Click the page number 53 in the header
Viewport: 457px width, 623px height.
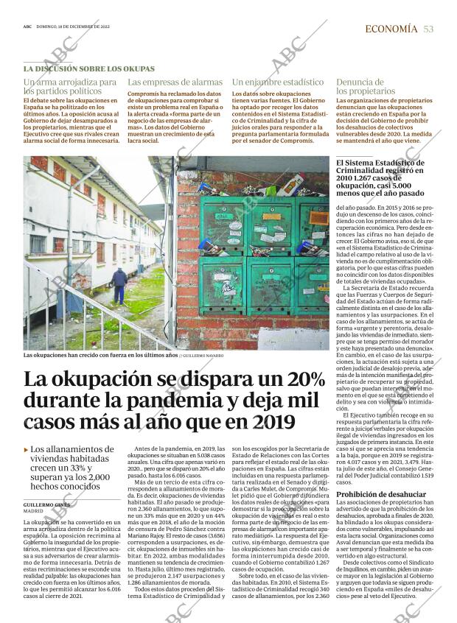pyautogui.click(x=428, y=29)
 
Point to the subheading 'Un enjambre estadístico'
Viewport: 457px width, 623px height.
pyautogui.click(x=277, y=82)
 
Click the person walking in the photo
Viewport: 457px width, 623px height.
pyautogui.click(x=119, y=286)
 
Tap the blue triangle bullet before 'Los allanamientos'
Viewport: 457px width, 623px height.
pyautogui.click(x=27, y=449)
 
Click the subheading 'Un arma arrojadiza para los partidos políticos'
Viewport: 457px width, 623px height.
pyautogui.click(x=70, y=87)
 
